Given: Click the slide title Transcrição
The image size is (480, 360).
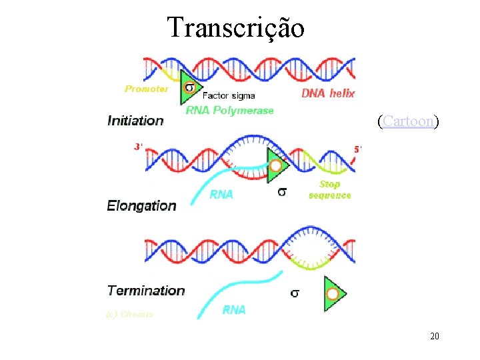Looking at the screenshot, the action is pyautogui.click(x=236, y=28).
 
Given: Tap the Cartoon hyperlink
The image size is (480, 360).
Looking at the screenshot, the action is pyautogui.click(x=407, y=121).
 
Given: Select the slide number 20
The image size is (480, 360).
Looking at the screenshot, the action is pyautogui.click(x=434, y=337).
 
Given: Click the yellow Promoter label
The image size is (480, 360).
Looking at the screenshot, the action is pyautogui.click(x=147, y=89).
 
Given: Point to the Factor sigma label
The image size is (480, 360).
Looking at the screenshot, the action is pyautogui.click(x=228, y=95).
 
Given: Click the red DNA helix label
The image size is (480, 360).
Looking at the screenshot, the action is pyautogui.click(x=329, y=93).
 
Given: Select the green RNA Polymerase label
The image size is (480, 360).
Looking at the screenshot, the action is pyautogui.click(x=229, y=110).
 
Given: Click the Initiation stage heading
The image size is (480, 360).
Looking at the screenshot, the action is pyautogui.click(x=135, y=121).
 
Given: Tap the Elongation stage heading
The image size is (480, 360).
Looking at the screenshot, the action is pyautogui.click(x=142, y=205).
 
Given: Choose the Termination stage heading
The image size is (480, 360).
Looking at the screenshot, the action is pyautogui.click(x=146, y=290).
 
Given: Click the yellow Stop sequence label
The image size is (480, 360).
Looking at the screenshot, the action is pyautogui.click(x=329, y=189).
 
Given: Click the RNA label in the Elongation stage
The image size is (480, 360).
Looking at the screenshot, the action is pyautogui.click(x=221, y=195).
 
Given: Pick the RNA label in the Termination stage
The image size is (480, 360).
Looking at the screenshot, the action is pyautogui.click(x=233, y=309).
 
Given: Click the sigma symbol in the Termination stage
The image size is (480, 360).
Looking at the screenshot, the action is pyautogui.click(x=295, y=292).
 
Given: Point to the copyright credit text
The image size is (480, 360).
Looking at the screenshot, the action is pyautogui.click(x=129, y=314).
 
